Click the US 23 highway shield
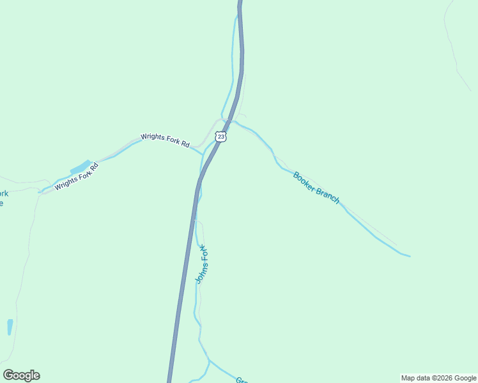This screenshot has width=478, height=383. [220, 137]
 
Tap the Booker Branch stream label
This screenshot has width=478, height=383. [316, 188]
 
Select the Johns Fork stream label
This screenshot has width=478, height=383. [201, 264]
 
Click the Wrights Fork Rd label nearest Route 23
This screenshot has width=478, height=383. [165, 140]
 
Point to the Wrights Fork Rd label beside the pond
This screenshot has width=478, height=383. [77, 177]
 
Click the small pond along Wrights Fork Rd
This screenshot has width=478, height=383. [81, 167]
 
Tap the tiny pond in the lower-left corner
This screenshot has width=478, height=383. [10, 327]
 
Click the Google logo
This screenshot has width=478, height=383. [21, 375]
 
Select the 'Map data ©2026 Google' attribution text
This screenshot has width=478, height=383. [438, 378]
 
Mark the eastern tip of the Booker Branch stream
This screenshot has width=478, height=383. [409, 257]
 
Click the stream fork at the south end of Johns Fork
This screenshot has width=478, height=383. [209, 361]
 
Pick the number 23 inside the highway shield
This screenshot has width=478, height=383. [220, 137]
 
